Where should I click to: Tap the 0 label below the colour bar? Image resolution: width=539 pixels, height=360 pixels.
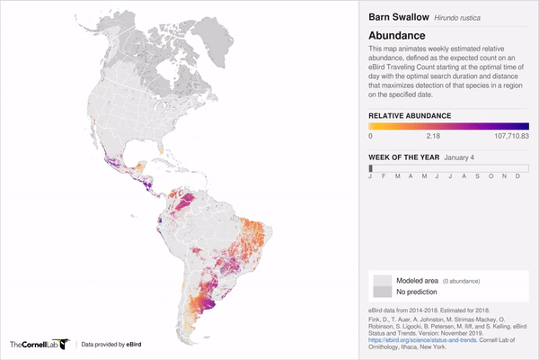coord(371,137)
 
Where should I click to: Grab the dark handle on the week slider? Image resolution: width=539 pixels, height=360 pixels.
coord(370,167)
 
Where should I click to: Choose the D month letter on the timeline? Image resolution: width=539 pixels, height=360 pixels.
coord(517,177)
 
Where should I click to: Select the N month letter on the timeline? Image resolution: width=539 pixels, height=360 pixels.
coord(504,177)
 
